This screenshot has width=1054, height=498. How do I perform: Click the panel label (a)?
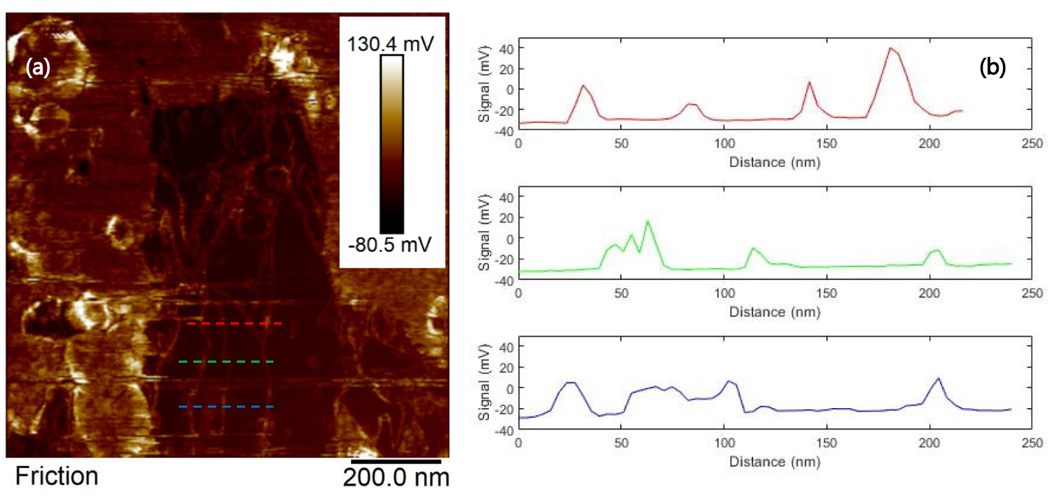(x=38, y=67)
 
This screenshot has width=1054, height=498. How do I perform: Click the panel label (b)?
(x=992, y=67)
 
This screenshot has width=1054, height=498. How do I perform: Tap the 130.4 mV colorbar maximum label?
(x=390, y=44)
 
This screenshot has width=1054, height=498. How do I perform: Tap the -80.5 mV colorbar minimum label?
(x=390, y=245)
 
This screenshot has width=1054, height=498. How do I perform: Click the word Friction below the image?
(x=56, y=476)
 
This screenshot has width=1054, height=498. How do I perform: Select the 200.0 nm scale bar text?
(x=396, y=477)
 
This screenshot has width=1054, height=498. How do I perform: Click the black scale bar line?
(x=396, y=461)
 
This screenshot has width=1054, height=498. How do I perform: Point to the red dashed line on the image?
(x=234, y=323)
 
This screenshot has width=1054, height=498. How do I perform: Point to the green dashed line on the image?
(x=226, y=362)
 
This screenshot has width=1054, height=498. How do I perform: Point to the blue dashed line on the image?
(x=226, y=406)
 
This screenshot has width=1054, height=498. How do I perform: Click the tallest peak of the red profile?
(x=891, y=48)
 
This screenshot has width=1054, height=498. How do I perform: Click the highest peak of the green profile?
(x=648, y=222)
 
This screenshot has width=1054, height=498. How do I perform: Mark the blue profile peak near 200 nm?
(x=939, y=379)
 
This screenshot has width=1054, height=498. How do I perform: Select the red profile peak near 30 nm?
(x=583, y=86)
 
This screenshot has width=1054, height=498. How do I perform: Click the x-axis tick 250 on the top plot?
(x=1031, y=144)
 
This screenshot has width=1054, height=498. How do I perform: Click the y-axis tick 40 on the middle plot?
(x=507, y=197)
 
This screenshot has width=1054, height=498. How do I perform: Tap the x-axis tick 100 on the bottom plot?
(x=724, y=443)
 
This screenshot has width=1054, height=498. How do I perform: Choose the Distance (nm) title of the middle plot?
(x=774, y=312)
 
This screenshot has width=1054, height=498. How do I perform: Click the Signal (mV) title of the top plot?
(x=484, y=84)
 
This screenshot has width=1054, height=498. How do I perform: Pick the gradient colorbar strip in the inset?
(x=391, y=144)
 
